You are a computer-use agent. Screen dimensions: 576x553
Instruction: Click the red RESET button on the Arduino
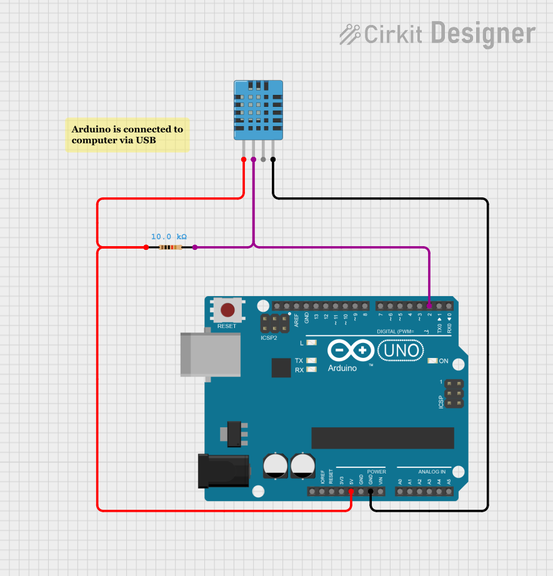point(227,310)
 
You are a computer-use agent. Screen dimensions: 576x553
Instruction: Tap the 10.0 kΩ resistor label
point(169,237)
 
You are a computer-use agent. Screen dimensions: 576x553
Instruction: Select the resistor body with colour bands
point(171,247)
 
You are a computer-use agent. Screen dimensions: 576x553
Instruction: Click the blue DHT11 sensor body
point(258,109)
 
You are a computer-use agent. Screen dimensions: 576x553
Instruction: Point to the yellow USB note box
point(127,135)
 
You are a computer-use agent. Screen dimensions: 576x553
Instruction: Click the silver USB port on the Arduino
point(210,354)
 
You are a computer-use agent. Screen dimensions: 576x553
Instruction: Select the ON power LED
point(432,361)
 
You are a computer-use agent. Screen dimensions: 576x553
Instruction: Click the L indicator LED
point(312,343)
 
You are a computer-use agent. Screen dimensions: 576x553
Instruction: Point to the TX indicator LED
point(312,360)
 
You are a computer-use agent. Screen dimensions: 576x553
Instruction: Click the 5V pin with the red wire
point(351,492)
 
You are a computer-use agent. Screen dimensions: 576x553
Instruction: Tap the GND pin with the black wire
point(371,492)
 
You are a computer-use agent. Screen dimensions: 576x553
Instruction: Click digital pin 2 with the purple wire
point(429,306)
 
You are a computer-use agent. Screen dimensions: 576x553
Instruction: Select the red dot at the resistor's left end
point(146,247)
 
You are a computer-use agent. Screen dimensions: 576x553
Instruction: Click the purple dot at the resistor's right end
point(195,247)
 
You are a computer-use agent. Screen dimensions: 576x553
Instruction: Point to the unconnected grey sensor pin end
point(263,159)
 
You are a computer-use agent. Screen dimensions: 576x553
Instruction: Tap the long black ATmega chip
point(382,438)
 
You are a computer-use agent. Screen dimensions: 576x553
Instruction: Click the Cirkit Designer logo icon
point(350,34)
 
